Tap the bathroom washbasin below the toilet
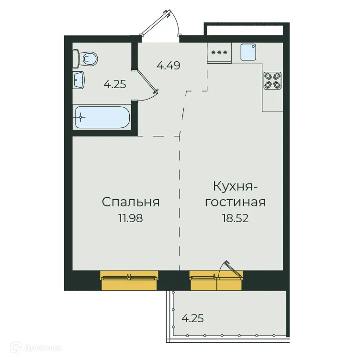tap(79, 80)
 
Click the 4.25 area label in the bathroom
tap(115, 85)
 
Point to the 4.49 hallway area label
tap(169, 66)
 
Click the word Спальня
tap(131, 202)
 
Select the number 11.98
tap(131, 218)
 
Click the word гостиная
tap(235, 202)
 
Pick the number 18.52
tap(235, 218)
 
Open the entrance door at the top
tap(163, 22)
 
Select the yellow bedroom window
tap(129, 281)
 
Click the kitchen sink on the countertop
tap(249, 52)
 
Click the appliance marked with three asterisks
tap(219, 52)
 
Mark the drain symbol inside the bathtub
tap(82, 117)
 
